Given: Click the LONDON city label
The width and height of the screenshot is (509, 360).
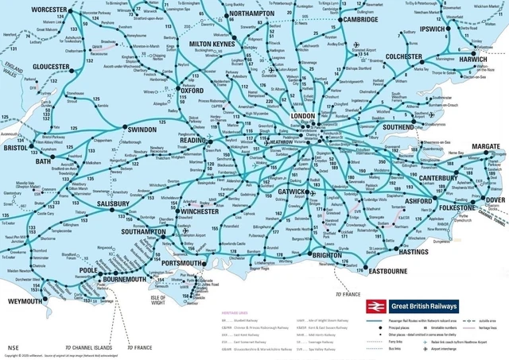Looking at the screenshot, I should [305, 116].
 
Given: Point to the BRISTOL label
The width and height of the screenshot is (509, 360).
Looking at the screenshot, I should [15, 148].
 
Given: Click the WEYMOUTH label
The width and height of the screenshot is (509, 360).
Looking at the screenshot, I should [20, 302].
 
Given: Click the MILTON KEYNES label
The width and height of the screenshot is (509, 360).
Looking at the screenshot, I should [213, 42].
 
